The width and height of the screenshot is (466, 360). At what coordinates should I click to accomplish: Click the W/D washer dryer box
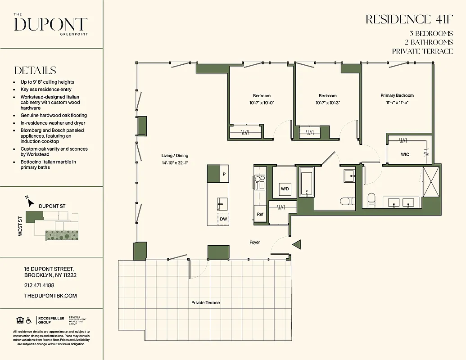coord(285,189)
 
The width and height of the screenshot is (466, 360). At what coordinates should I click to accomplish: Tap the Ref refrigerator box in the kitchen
coord(260,215)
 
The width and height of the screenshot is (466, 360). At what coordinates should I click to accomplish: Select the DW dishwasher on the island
coord(223,219)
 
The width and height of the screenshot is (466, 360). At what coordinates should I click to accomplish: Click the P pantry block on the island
coord(224,174)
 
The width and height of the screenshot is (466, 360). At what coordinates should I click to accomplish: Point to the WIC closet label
coord(405,154)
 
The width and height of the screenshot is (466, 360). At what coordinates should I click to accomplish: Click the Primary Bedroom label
coord(397,95)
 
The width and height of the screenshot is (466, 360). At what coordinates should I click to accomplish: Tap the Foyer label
coord(255,243)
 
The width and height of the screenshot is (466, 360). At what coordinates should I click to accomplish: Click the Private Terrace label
coord(205,303)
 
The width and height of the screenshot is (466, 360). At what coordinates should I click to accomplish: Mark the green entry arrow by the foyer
coord(296,244)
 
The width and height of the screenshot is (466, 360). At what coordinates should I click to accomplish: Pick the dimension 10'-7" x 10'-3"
coord(328,103)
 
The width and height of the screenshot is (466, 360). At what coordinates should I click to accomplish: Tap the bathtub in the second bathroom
coord(306,183)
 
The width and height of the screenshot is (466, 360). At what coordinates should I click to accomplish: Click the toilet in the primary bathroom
coord(372,199)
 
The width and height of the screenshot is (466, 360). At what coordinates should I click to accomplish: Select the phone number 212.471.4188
coord(39,285)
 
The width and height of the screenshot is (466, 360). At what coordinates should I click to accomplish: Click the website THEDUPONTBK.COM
coord(50,296)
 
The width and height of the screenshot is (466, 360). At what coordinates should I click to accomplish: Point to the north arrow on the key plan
coord(31,202)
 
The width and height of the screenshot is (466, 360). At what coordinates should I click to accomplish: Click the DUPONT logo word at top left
coord(50,24)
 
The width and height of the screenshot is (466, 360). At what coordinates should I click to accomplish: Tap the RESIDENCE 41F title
coord(409,19)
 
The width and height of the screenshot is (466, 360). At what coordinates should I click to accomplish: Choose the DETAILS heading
coord(35,71)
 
